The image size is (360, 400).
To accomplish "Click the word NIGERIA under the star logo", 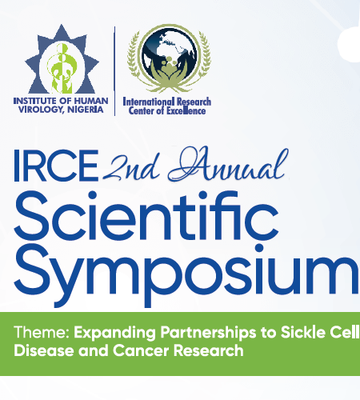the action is pos(85,110).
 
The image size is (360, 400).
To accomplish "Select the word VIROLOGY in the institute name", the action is pos(42,110).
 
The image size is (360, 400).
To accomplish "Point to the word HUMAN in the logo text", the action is pos(91,101).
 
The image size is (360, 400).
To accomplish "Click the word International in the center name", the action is pos(149,102).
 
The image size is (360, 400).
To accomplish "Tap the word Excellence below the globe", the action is pos(186,110).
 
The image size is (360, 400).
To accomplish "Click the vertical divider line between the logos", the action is pos(114,71).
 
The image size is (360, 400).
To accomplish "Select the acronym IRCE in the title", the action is pos(56,166).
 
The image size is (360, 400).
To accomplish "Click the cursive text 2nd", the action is pos(132,166).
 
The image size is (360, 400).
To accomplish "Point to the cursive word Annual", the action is pos(228,164).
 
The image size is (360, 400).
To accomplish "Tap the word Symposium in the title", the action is pos(186,274).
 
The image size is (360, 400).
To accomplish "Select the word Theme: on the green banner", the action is pos(42,332).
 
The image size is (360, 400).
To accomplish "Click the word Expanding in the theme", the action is pos(114,334).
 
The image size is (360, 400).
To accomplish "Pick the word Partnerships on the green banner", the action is pos(208,334).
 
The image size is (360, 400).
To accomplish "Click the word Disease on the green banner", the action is pos(44,350).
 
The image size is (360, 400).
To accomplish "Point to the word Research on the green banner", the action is pos(209,350).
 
